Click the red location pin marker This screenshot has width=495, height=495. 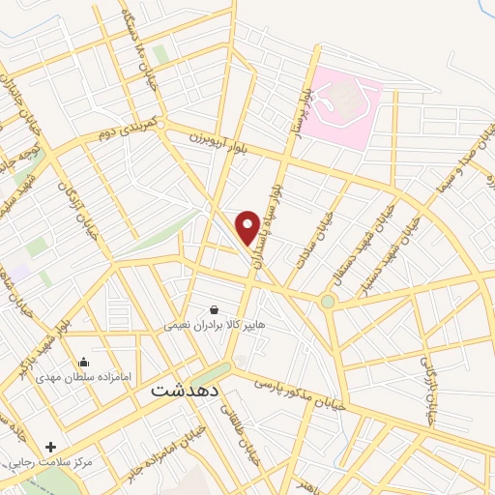(x=248, y=227)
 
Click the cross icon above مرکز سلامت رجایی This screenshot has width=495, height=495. (x=50, y=447)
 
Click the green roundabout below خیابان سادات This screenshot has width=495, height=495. (x=329, y=302)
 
